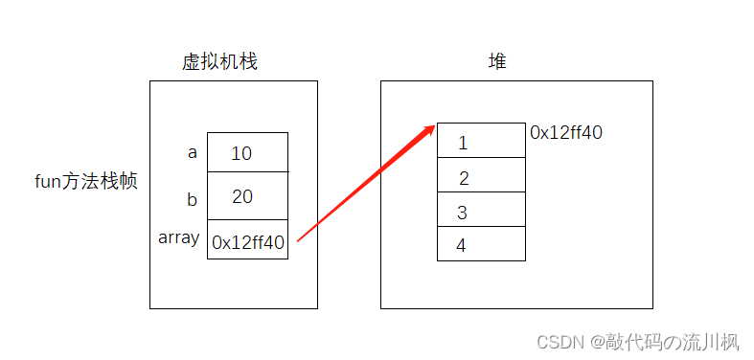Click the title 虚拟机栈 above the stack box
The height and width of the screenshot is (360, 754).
219,62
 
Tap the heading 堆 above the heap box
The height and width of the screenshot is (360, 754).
496,62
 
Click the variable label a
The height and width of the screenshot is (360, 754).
193,151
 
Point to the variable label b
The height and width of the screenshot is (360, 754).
193,199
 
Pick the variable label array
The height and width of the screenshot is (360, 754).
178,237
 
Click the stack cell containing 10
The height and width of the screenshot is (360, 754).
247,152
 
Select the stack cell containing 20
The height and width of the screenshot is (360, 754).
247,196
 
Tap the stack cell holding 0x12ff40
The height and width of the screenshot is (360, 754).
247,240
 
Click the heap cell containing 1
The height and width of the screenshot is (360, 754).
481,141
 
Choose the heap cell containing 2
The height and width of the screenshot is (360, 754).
481,175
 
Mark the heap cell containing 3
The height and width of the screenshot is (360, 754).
481,210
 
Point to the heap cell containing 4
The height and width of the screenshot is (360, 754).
481,243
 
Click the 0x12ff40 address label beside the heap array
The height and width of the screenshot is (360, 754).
566,133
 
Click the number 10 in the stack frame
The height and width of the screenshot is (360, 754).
241,153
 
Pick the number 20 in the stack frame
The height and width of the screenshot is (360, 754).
242,196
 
